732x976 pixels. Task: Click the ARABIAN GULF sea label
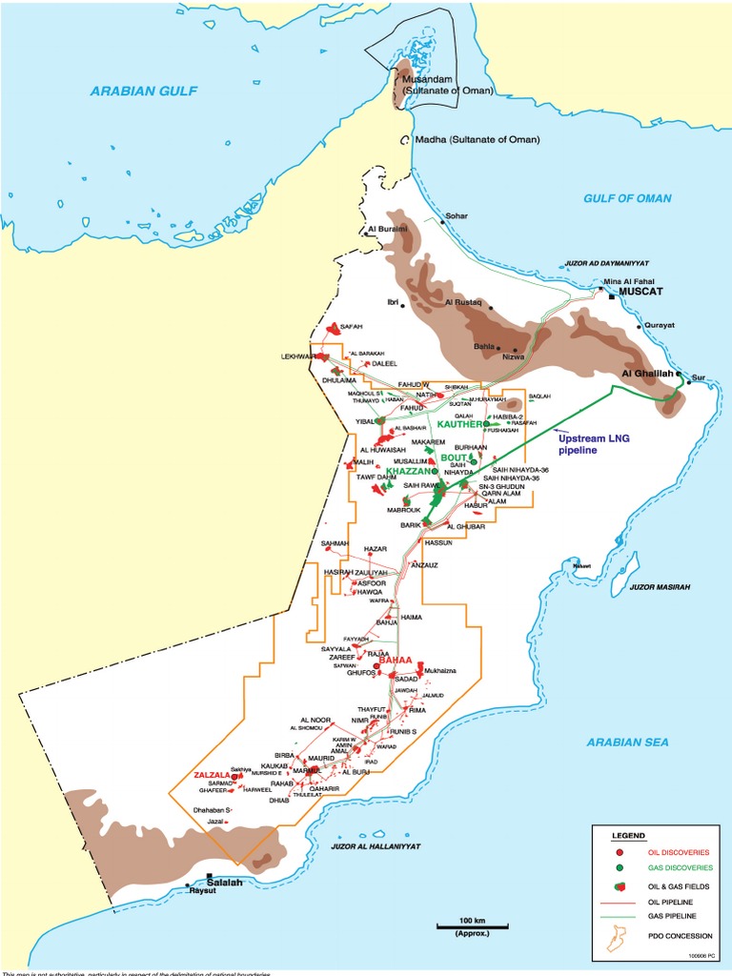click(x=142, y=91)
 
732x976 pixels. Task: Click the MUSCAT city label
click(x=642, y=294)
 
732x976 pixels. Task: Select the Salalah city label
click(x=226, y=883)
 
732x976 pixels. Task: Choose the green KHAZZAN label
click(x=405, y=471)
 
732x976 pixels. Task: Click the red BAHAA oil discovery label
click(x=396, y=660)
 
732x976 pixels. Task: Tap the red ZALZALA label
click(x=212, y=775)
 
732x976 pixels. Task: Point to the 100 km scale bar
click(x=472, y=925)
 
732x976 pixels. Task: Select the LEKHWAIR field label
click(x=297, y=356)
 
